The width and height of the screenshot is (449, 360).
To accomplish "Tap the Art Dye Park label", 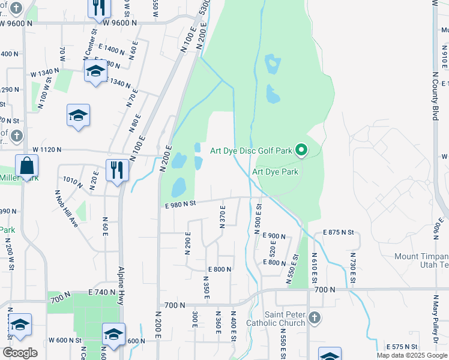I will point(275,172).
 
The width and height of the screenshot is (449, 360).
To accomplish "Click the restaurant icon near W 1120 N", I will point(115,170).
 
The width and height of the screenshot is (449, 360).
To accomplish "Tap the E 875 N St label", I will point(339,232).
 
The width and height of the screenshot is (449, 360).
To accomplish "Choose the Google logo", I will point(20,353).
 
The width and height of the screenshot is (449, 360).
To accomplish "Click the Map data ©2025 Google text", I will point(412,355).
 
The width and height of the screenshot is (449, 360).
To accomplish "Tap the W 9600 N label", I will point(120,23).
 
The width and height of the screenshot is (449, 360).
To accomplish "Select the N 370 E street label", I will point(223,220).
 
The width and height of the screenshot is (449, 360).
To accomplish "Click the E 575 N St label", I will point(403,347).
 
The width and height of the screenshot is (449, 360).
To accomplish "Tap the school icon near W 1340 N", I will point(95,72).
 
